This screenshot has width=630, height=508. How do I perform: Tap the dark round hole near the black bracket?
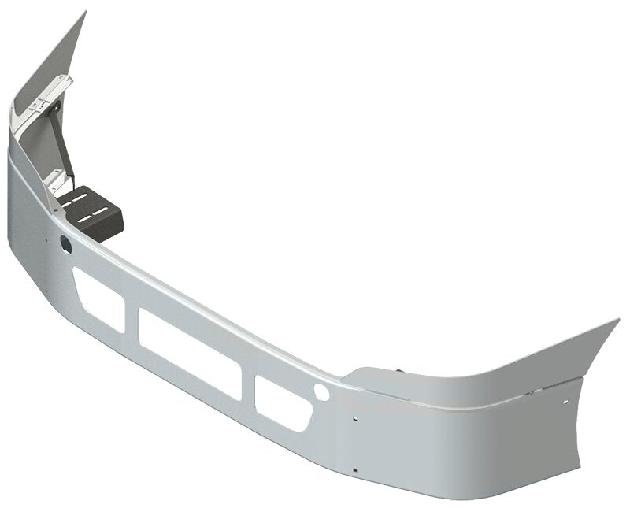[x=65, y=245]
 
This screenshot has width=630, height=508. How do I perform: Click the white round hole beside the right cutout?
[x=319, y=391]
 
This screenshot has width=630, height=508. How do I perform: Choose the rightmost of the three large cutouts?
[x=280, y=401]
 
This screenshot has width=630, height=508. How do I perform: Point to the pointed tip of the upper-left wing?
[x=83, y=13]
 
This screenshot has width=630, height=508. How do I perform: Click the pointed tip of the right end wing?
[x=618, y=321]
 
